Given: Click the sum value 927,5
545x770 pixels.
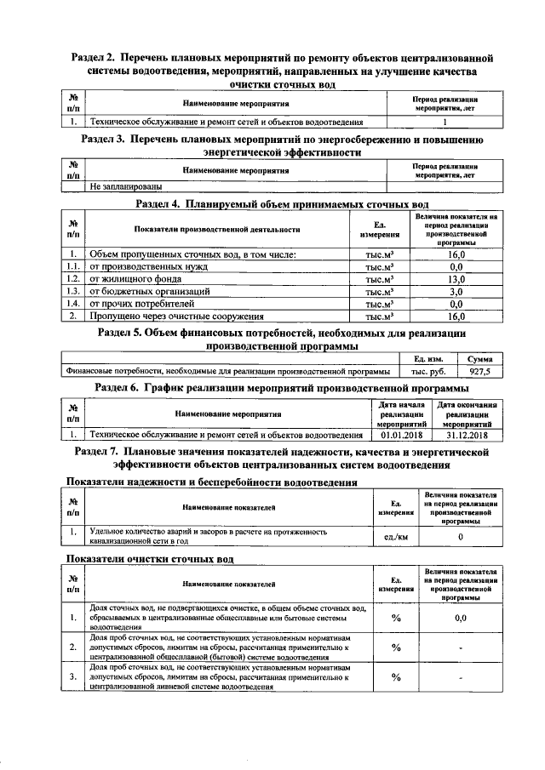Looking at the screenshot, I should [x=479, y=372].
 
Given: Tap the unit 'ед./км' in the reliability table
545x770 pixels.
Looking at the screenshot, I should [x=396, y=537].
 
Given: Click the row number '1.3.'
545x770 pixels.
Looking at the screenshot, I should [x=74, y=291].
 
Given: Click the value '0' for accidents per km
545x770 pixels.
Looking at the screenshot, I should [x=460, y=537].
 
